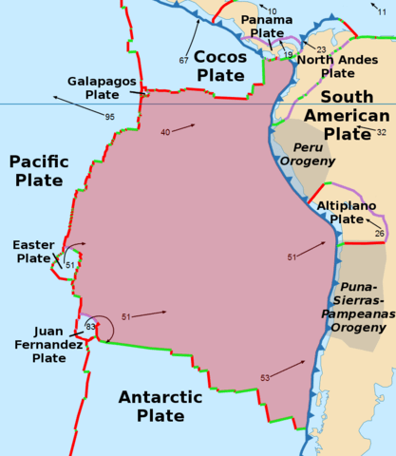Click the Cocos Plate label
point(220,66)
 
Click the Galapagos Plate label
point(100,88)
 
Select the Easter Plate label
point(32,252)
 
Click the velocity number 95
point(110,117)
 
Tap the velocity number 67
point(183,61)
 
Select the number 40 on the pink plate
point(165,133)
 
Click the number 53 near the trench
point(264,378)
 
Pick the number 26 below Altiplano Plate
point(379,233)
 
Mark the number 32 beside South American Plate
point(381,132)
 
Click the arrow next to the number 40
point(188,127)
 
